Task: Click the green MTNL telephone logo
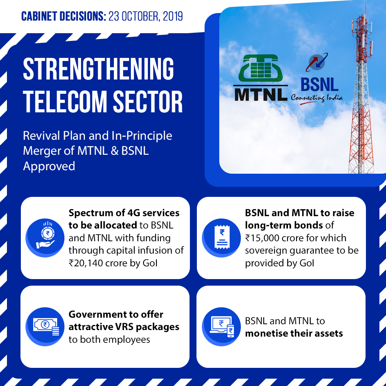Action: (x=261, y=68)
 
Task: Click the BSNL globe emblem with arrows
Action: (x=317, y=62)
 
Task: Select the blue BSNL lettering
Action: (x=320, y=85)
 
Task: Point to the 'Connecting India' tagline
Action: (x=317, y=98)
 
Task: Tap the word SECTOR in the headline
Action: (x=148, y=102)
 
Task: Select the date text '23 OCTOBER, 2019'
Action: (x=146, y=16)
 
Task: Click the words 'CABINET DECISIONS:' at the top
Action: (x=64, y=16)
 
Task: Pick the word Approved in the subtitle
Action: (x=49, y=166)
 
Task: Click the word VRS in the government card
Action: (x=124, y=327)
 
